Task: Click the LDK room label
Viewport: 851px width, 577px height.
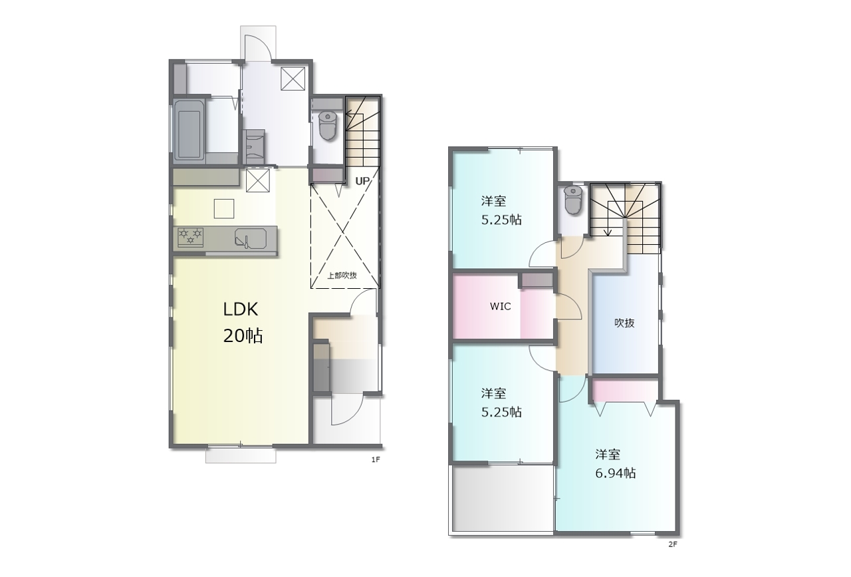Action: (241, 309)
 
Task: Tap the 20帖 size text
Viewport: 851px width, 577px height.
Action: (243, 336)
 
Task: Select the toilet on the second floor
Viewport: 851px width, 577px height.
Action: (573, 200)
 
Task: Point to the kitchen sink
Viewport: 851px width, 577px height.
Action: (251, 238)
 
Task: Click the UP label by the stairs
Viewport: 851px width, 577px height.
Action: (362, 182)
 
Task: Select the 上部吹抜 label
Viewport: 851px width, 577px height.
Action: (342, 276)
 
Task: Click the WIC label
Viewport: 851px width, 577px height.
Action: (501, 306)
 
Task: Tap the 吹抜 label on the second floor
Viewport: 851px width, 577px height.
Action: (624, 323)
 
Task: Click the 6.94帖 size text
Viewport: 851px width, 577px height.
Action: (615, 473)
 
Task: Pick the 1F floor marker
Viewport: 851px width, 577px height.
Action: (376, 460)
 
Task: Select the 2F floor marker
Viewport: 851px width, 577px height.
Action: (672, 544)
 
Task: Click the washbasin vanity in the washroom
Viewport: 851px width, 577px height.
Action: (254, 146)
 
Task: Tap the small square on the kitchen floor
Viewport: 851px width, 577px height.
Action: (224, 209)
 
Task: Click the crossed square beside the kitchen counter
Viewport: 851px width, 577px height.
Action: (258, 180)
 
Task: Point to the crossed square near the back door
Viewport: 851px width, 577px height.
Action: (293, 79)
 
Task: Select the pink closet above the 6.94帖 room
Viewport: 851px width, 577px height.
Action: (625, 391)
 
